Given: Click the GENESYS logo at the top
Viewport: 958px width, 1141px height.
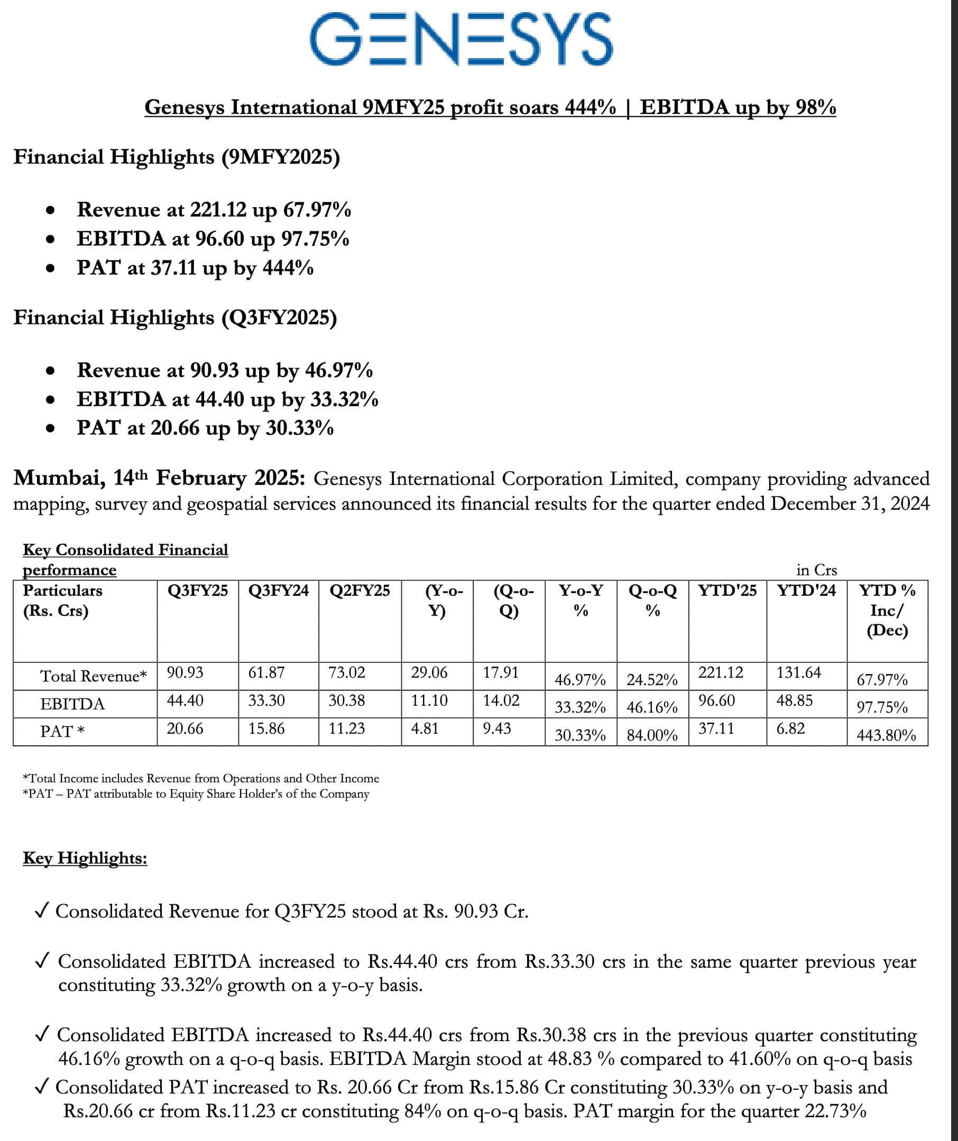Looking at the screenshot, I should (461, 39).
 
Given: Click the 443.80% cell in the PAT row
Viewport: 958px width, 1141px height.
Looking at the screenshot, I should (886, 735).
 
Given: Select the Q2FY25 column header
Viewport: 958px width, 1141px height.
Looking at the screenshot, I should (360, 591).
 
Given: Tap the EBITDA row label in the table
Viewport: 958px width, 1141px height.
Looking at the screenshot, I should (72, 704).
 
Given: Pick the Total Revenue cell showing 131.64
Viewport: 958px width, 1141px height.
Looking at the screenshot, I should (798, 672).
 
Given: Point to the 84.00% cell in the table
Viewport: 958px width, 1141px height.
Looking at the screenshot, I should (652, 735).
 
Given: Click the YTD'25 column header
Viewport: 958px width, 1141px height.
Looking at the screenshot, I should (727, 591).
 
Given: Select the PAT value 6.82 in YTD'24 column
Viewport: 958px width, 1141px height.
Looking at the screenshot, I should (790, 728).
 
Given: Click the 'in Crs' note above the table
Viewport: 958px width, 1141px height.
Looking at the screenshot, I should (816, 570).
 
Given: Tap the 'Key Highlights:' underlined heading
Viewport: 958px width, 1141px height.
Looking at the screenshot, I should (85, 858).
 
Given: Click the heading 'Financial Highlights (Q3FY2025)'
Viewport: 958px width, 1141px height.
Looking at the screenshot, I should (175, 317).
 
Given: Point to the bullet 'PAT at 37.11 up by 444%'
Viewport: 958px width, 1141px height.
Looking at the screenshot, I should (195, 268).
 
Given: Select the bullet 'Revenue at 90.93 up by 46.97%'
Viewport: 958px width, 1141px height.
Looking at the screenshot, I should (225, 370).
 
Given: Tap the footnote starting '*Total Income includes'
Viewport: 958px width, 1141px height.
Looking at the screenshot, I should (200, 778).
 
